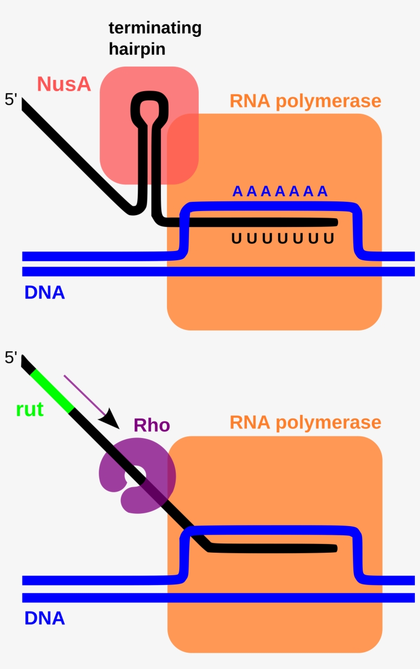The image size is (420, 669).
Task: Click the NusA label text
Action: [64, 84]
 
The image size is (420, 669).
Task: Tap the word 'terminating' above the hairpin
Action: [155, 28]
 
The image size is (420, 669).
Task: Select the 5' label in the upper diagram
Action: [11, 99]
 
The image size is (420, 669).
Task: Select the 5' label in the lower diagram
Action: [11, 358]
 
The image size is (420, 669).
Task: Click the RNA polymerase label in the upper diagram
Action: [305, 101]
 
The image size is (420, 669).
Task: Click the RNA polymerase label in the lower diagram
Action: [305, 423]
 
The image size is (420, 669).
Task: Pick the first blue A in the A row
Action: [237, 192]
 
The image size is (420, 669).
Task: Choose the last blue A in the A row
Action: [322, 192]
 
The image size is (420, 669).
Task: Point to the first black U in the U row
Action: [236, 238]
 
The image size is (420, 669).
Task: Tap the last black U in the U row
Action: [329, 238]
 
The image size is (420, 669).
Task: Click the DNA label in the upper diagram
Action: [45, 292]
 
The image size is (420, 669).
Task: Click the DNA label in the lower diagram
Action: [45, 618]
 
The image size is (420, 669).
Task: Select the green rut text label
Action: [30, 410]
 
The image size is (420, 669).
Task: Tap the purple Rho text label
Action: [152, 425]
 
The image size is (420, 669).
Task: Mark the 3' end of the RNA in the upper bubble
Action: [335, 222]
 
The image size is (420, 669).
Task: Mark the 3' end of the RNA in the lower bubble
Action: [335, 549]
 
